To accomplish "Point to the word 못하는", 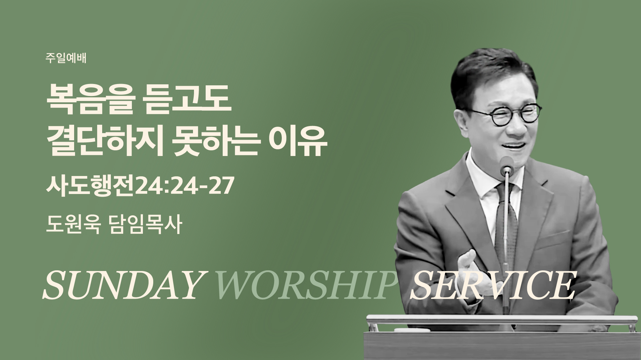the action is click(x=215, y=142).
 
